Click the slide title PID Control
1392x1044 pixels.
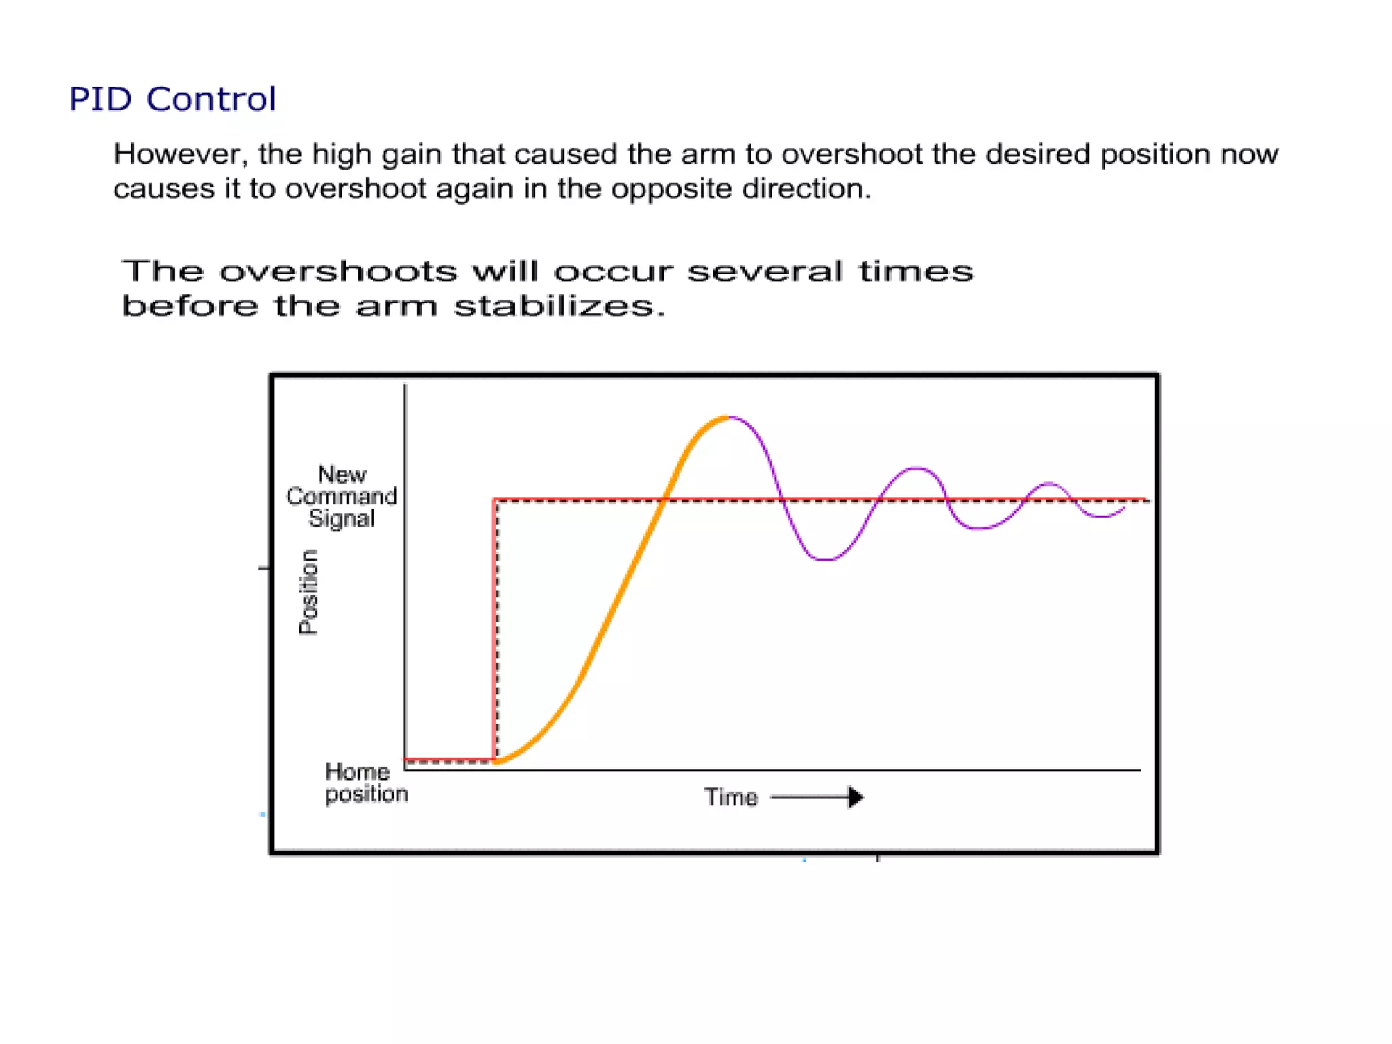tap(173, 99)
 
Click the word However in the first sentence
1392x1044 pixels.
tap(178, 155)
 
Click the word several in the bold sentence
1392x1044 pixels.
tap(765, 272)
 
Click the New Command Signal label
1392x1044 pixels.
tap(341, 496)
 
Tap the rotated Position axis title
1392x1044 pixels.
tap(309, 591)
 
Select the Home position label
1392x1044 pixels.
tap(366, 782)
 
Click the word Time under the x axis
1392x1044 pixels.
tap(731, 797)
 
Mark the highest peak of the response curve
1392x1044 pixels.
tap(728, 417)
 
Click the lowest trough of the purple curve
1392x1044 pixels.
tap(824, 559)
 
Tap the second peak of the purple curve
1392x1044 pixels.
tap(916, 468)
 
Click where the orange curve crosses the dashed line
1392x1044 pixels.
tap(664, 500)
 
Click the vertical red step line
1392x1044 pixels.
tap(493, 629)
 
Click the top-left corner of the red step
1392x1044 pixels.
tap(494, 500)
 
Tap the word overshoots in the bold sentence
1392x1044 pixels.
tap(338, 272)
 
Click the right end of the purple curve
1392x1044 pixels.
tap(1124, 508)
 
